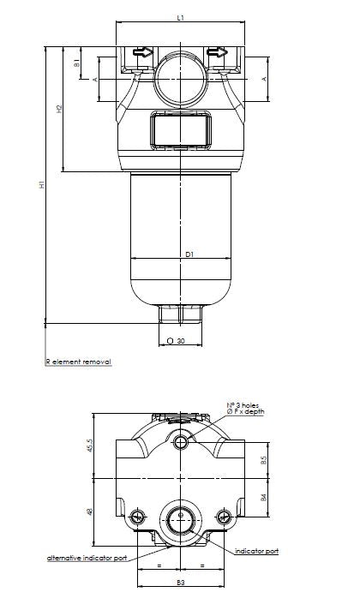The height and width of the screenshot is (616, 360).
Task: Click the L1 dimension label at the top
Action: pos(180,16)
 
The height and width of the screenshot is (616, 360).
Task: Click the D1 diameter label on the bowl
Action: pos(189,254)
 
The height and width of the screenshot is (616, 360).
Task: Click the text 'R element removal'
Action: pos(78,362)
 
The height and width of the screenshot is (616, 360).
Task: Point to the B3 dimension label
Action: pos(180,583)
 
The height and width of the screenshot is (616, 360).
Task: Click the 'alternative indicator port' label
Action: pos(87,558)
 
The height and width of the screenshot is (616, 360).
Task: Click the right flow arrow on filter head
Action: pos(218,53)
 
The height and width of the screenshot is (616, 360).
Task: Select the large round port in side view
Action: pos(180,79)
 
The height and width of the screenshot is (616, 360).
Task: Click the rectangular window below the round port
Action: pos(180,131)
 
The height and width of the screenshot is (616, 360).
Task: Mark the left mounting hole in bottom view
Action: pos(135,517)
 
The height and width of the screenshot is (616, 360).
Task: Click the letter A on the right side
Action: pos(263,79)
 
